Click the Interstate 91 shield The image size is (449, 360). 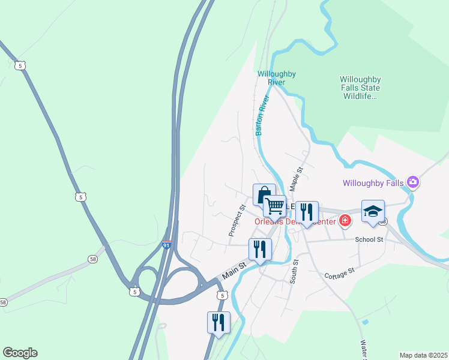[166, 245]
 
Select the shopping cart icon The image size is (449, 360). [275, 206]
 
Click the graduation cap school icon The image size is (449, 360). [373, 211]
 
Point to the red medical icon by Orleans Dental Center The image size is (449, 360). [345, 221]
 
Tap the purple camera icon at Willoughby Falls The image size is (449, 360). [412, 181]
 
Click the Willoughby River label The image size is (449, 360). [276, 77]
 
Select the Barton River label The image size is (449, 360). [263, 115]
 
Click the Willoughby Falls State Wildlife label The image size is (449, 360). [360, 88]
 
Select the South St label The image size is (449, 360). [294, 272]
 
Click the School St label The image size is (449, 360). [369, 239]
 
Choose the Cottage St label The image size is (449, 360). [339, 274]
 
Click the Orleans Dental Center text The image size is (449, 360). [294, 221]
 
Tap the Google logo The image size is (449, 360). [20, 353]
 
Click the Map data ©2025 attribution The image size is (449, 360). [423, 355]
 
